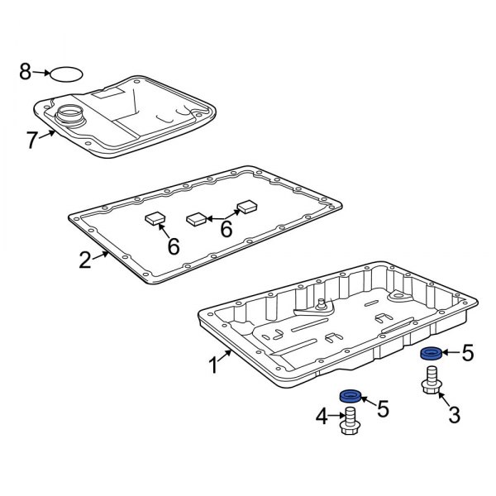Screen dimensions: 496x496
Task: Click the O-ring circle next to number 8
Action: [x=66, y=74]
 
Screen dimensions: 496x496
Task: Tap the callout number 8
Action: [x=26, y=73]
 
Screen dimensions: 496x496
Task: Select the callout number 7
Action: [x=31, y=140]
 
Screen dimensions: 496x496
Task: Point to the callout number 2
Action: [x=84, y=260]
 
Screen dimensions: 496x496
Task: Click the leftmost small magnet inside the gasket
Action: [x=155, y=218]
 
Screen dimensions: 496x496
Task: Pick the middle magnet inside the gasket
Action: [x=197, y=220]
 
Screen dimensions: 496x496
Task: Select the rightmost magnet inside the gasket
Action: [x=248, y=207]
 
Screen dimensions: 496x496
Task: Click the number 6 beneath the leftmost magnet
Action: [x=173, y=246]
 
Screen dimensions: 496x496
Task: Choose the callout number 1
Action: [x=213, y=364]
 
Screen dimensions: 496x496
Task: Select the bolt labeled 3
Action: [x=430, y=383]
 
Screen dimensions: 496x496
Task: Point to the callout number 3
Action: [x=453, y=415]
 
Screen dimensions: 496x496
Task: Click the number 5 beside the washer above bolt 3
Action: [x=467, y=355]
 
